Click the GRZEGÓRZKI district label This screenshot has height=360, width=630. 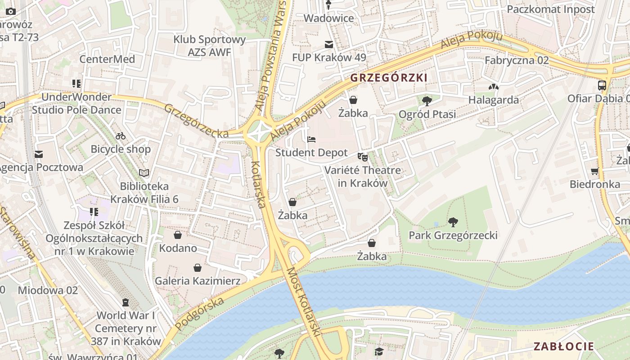pos(388,78)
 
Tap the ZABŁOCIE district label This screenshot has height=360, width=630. pos(563,346)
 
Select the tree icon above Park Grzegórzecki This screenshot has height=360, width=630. pos(453,222)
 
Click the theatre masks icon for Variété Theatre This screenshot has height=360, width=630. pos(362,157)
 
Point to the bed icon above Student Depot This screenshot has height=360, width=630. pos(311,139)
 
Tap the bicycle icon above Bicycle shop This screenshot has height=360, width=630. pos(121,135)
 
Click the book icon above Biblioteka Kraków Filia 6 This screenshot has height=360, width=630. pos(144,173)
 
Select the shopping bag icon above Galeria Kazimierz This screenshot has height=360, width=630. pos(197,268)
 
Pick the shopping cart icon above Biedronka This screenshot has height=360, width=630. pos(594,171)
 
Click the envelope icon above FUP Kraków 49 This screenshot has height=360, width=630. pos(329,45)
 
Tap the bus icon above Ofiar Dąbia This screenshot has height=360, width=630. pos(602,85)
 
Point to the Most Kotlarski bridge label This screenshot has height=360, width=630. pos(304,302)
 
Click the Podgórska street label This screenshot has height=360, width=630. pos(199,314)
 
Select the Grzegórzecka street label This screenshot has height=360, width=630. pos(196,121)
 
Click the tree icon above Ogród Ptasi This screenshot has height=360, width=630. pos(427,101)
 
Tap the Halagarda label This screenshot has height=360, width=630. pos(493,100)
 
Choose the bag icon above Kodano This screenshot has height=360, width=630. pos(178,235)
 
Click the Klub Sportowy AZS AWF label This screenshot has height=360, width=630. pos(210,45)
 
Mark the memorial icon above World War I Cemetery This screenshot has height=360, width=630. pos(125,302)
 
